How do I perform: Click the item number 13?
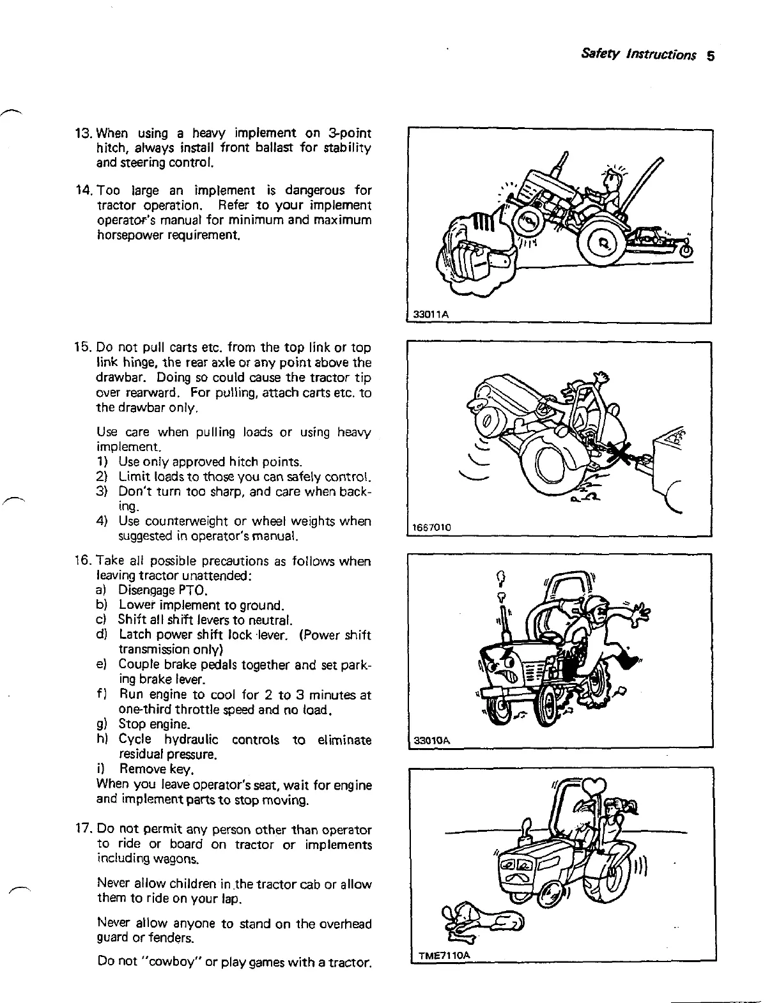click(84, 134)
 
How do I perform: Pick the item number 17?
click(84, 830)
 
